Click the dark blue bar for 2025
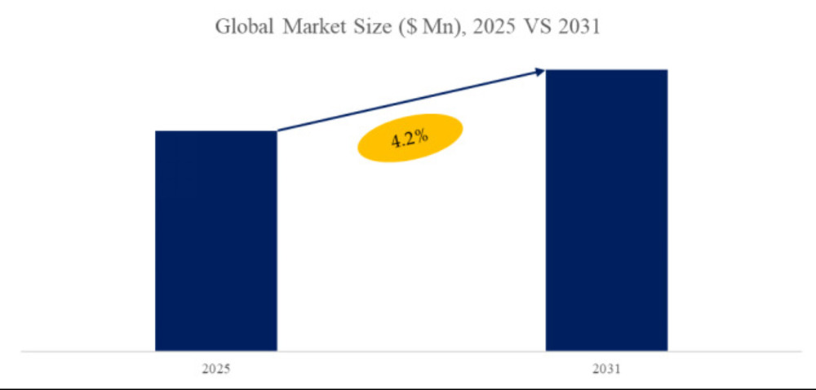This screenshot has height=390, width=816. (x=216, y=241)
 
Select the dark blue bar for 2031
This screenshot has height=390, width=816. (x=606, y=211)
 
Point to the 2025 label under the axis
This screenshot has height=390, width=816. (x=216, y=370)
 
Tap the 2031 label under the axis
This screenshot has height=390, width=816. (x=606, y=370)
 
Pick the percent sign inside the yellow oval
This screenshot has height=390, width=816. (x=421, y=135)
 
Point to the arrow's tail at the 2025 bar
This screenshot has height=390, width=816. (x=279, y=131)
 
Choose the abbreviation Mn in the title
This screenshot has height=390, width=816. (x=431, y=27)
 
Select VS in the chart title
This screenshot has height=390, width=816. (x=530, y=27)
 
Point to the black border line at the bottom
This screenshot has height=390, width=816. (x=408, y=387)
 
